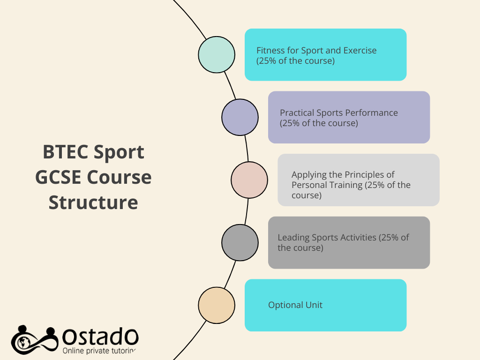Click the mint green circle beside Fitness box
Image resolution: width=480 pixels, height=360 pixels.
217,55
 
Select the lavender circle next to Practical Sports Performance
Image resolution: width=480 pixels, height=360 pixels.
240,117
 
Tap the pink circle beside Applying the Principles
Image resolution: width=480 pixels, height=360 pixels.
249,180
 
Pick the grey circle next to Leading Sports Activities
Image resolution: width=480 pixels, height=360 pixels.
240,243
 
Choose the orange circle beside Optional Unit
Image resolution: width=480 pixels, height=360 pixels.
217,305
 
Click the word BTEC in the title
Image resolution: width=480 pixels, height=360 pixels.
65,152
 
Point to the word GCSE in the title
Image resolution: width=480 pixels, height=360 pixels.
58,177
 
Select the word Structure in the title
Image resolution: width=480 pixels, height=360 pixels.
93,202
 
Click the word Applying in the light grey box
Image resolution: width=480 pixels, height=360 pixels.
309,175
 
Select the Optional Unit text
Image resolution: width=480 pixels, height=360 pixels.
295,305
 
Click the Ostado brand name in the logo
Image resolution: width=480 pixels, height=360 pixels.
100,337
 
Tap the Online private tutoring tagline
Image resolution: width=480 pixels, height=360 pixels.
99,351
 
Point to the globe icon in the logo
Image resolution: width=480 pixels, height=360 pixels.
23,343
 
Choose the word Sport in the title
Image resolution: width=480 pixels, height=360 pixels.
119,152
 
